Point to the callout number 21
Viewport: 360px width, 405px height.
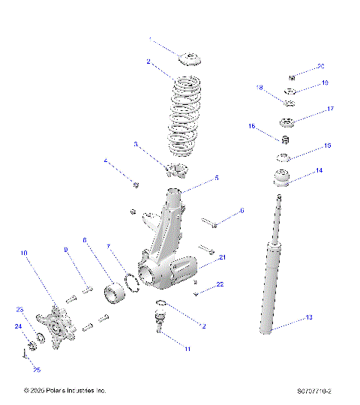(x=223, y=257)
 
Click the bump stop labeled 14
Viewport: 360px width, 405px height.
(x=281, y=181)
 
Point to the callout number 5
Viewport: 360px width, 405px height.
(x=217, y=178)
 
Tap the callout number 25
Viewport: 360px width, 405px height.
(x=37, y=369)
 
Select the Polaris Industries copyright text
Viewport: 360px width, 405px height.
(x=64, y=391)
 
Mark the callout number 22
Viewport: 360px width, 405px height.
(x=220, y=284)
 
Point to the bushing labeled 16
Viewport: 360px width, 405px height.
(x=285, y=140)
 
